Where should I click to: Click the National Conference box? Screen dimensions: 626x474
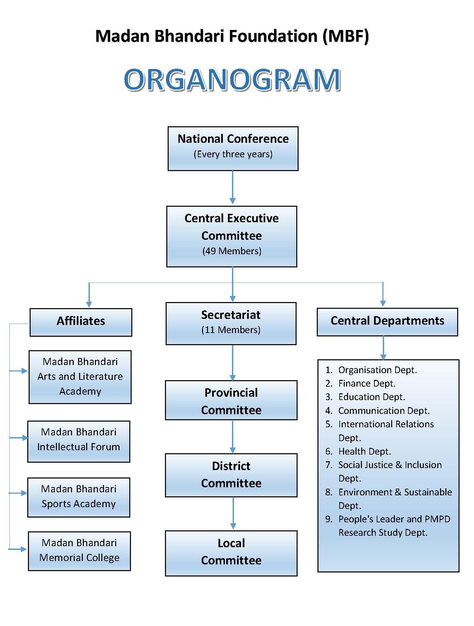coord(233,148)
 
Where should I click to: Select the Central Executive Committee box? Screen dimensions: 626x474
coord(232,236)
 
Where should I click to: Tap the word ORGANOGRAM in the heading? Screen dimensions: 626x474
coord(232,80)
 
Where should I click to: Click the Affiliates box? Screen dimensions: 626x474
coord(81,322)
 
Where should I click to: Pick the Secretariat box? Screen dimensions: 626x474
coord(231,323)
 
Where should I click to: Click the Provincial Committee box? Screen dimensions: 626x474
coord(231,400)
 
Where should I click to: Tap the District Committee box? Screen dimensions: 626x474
coord(231,475)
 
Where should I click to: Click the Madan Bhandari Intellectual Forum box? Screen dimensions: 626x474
coord(79,441)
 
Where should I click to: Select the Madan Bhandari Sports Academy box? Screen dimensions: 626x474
coord(79,497)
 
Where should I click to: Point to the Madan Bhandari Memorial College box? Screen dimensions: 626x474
coord(79,551)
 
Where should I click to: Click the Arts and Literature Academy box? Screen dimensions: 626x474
coord(80,377)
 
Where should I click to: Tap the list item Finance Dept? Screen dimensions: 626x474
coord(367,384)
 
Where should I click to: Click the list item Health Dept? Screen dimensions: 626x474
coord(365,451)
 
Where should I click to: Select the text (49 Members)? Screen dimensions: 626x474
coord(232,251)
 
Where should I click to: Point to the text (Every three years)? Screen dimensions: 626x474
coord(233,154)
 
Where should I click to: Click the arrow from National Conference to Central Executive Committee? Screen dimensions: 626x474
coord(232,188)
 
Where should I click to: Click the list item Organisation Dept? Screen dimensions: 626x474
coord(377,370)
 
